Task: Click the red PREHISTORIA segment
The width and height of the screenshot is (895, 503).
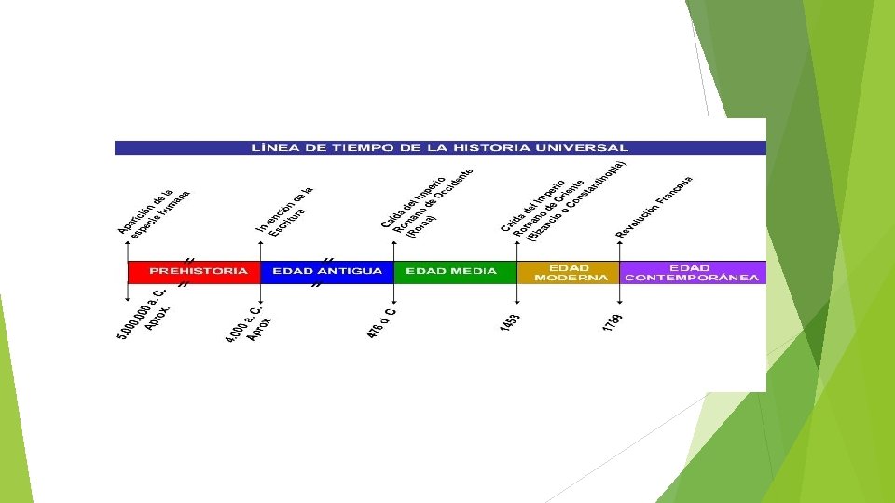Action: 193,272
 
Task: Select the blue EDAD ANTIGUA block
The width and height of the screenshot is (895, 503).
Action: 326,272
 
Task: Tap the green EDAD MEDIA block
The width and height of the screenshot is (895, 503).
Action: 454,272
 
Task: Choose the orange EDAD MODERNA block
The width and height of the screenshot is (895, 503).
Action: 568,272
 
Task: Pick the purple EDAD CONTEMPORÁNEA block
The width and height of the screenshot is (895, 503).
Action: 692,272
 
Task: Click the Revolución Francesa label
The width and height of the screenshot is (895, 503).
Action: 654,205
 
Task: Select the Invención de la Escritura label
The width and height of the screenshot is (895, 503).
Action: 285,211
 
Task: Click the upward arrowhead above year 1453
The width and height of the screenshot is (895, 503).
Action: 517,243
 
